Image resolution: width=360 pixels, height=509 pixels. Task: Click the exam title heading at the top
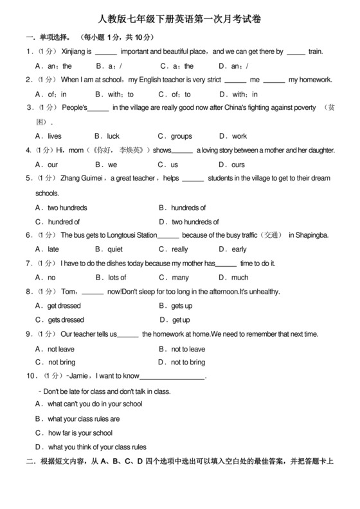[180, 21]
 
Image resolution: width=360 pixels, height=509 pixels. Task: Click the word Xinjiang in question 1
[76, 51]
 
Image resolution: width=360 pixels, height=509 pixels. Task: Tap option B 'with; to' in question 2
[120, 94]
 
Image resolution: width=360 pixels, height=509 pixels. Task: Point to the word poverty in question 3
[301, 108]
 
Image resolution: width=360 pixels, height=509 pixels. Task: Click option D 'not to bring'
[188, 362]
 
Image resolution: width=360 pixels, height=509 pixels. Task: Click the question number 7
[29, 263]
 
